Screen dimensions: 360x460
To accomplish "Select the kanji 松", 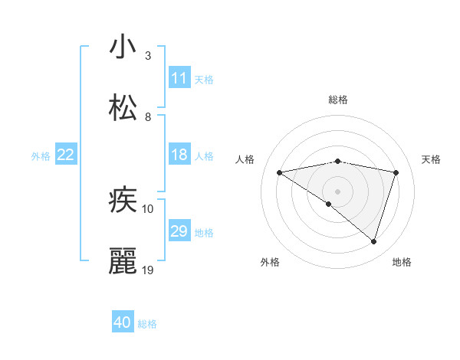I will coord(123,108).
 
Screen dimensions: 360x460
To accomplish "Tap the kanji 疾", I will coord(123,200).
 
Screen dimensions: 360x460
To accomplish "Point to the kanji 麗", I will coord(123,261).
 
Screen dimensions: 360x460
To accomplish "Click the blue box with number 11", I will coord(179,78).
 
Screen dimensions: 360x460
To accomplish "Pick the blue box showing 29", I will coord(179,231).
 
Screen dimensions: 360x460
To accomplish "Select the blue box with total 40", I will coord(123,322).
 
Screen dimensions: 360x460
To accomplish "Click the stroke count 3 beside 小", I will coord(148,55).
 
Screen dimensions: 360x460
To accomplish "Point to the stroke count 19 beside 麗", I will coord(149,270).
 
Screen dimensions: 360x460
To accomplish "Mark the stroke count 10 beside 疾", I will coord(148,208).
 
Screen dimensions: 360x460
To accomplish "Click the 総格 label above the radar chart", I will coord(338,100).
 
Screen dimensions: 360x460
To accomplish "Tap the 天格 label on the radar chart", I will coord(431,159).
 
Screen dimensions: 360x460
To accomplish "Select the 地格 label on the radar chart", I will coord(402,262).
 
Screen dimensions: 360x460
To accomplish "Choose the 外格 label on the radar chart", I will coord(270,262).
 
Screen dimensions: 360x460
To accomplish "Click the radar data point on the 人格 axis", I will coord(280,172).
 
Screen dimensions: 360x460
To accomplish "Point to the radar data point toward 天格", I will coord(396,172).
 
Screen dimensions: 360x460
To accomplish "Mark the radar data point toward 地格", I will coord(374,241).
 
